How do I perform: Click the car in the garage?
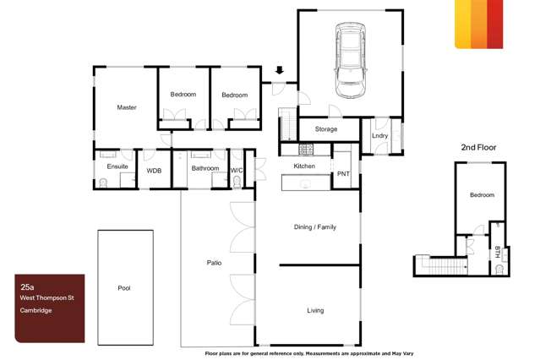pyautogui.click(x=351, y=60)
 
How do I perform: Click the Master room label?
pyautogui.click(x=127, y=107)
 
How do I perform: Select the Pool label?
pyautogui.click(x=124, y=288)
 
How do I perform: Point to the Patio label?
pyautogui.click(x=214, y=263)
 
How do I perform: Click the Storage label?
pyautogui.click(x=326, y=129)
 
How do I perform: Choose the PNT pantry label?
pyautogui.click(x=343, y=173)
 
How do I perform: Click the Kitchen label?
pyautogui.click(x=304, y=166)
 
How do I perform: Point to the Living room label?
pyautogui.click(x=314, y=310)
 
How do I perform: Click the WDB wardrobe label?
pyautogui.click(x=154, y=171)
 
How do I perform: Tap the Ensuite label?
pyautogui.click(x=117, y=166)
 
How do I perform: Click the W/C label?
pyautogui.click(x=237, y=168)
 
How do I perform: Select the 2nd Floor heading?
pyautogui.click(x=478, y=147)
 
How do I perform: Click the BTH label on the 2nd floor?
pyautogui.click(x=498, y=251)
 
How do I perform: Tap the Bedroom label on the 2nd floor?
pyautogui.click(x=482, y=195)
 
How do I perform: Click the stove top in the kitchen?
pyautogui.click(x=306, y=150)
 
